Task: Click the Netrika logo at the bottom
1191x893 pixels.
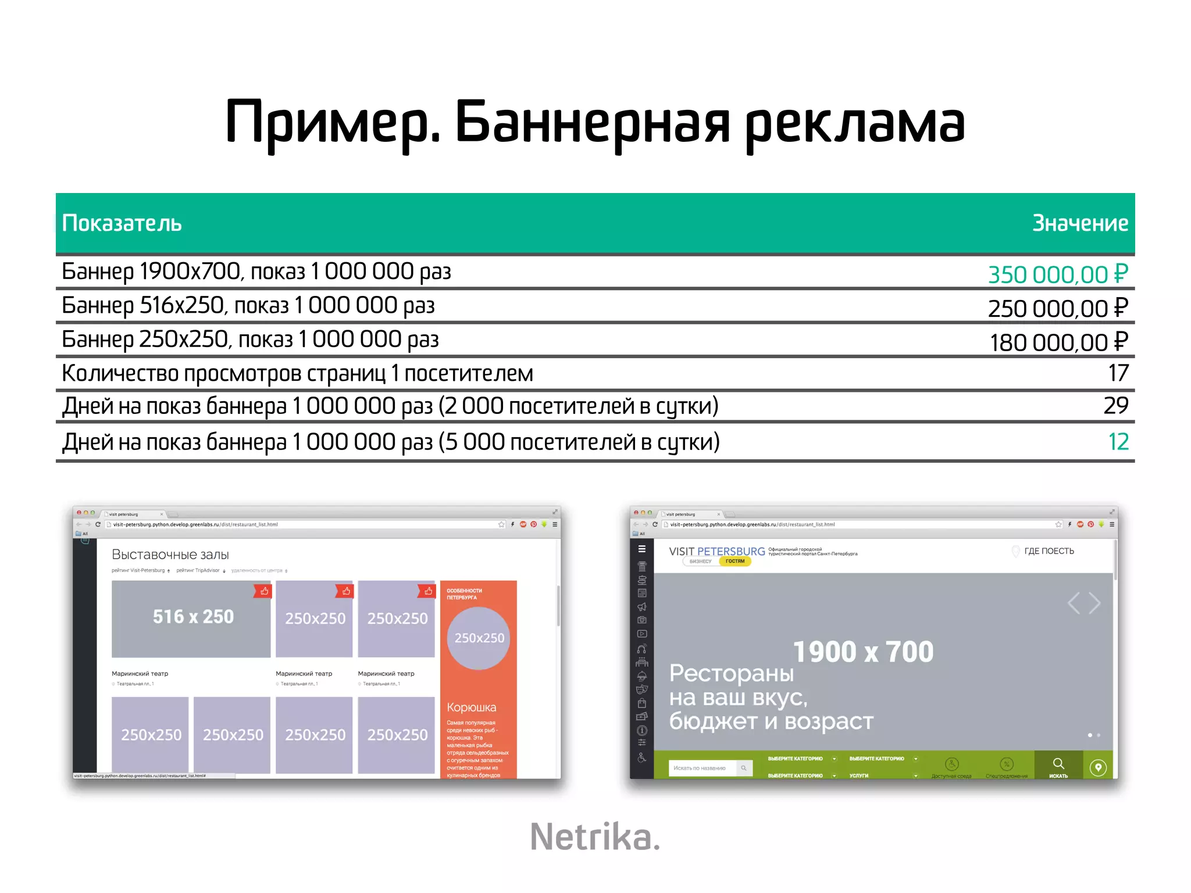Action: (x=595, y=837)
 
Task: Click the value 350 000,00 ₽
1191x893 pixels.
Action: (x=1058, y=274)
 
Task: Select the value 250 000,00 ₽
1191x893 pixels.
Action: (x=1058, y=308)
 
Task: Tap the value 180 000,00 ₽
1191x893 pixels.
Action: (x=1058, y=342)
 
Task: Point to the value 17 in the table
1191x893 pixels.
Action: (x=1118, y=373)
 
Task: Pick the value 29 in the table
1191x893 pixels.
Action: (x=1116, y=406)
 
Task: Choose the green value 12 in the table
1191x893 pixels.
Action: (x=1118, y=442)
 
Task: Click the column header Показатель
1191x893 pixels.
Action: (x=122, y=223)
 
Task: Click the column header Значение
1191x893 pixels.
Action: (x=1080, y=223)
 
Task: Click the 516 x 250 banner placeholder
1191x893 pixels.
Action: (x=191, y=618)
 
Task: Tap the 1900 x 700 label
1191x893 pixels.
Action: (x=863, y=652)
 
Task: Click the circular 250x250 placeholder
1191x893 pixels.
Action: (x=479, y=638)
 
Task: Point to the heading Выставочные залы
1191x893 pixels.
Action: (x=170, y=555)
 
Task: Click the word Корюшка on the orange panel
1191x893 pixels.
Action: (x=472, y=708)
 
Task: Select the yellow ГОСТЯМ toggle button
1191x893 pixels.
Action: (x=735, y=561)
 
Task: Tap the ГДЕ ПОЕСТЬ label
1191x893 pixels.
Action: (x=1049, y=551)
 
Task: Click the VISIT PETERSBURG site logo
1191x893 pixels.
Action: (x=717, y=551)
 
